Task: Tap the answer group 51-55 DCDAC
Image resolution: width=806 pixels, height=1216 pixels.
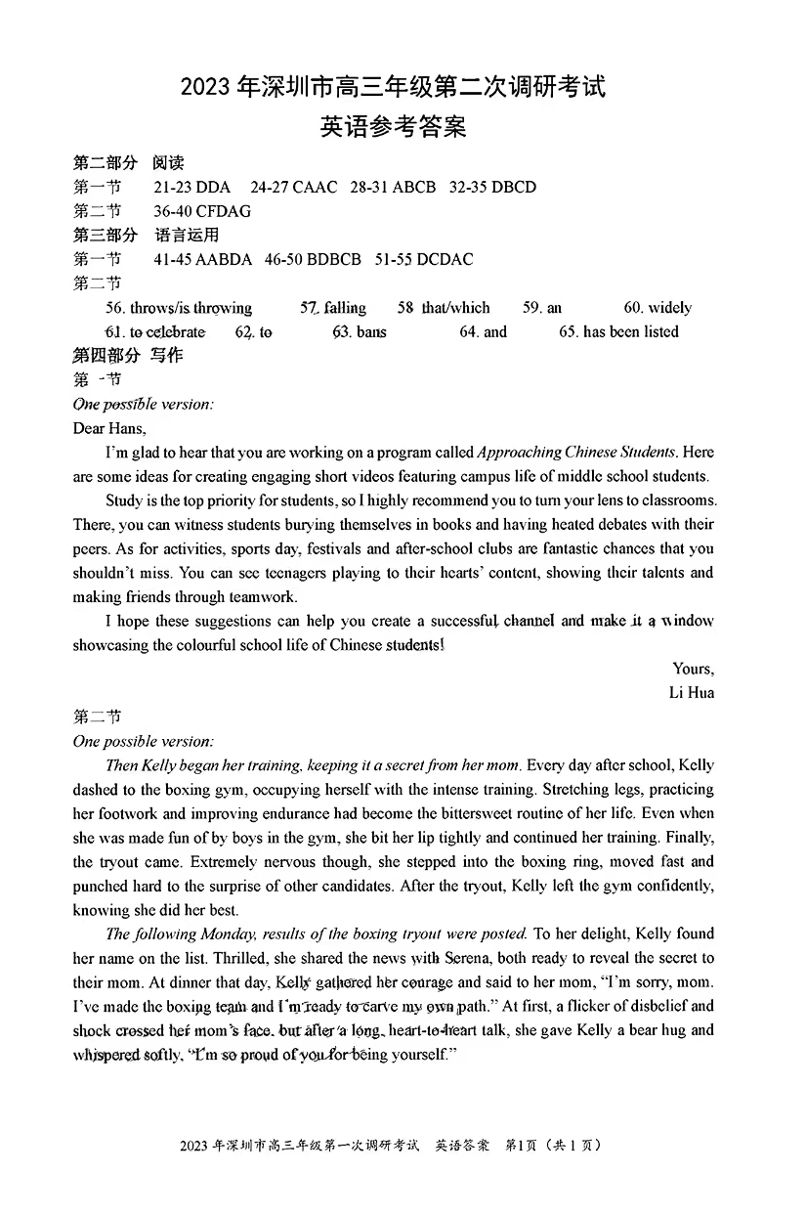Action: click(x=426, y=259)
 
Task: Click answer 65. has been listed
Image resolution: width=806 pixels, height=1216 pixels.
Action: click(x=618, y=332)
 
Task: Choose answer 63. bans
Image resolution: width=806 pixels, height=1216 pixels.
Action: click(x=360, y=332)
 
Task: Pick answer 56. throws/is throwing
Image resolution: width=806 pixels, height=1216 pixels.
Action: click(x=179, y=308)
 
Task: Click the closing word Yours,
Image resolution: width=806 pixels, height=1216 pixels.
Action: click(x=693, y=669)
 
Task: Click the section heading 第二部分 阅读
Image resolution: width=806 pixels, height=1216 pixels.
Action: click(x=128, y=162)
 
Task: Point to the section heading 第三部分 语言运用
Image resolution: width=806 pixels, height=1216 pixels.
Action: click(x=146, y=235)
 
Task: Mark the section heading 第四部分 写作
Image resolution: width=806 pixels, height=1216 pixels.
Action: click(x=128, y=356)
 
